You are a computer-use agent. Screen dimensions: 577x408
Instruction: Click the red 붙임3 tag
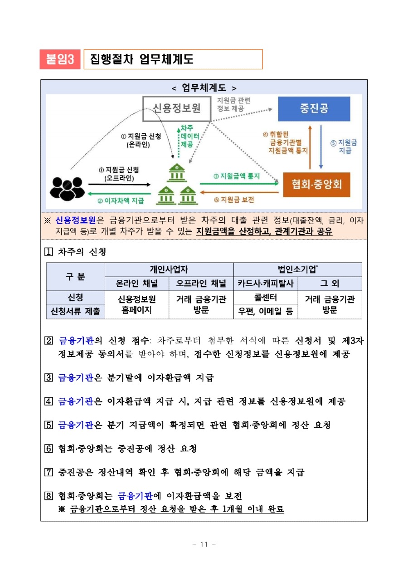60,59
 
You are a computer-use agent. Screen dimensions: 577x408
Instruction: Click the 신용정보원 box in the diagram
177,108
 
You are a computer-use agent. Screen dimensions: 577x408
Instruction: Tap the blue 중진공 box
314,108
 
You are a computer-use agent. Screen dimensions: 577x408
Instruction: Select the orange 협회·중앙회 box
316,184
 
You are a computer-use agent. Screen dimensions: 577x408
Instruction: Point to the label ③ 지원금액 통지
237,176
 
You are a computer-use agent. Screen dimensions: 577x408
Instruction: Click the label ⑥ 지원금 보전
234,200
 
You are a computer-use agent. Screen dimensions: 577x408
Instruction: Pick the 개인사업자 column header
169,269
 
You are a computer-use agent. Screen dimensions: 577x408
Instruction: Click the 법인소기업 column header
297,269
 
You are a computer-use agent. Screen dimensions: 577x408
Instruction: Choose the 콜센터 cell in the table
266,298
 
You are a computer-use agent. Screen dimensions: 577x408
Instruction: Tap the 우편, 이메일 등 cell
266,312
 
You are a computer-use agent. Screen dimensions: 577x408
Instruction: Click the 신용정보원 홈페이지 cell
137,305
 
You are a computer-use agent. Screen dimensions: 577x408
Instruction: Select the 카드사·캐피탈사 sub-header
266,284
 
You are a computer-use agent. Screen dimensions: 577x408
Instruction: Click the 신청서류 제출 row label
75,312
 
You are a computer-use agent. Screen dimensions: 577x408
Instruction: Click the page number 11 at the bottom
204,544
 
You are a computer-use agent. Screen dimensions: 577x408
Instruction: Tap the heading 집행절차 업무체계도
141,59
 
